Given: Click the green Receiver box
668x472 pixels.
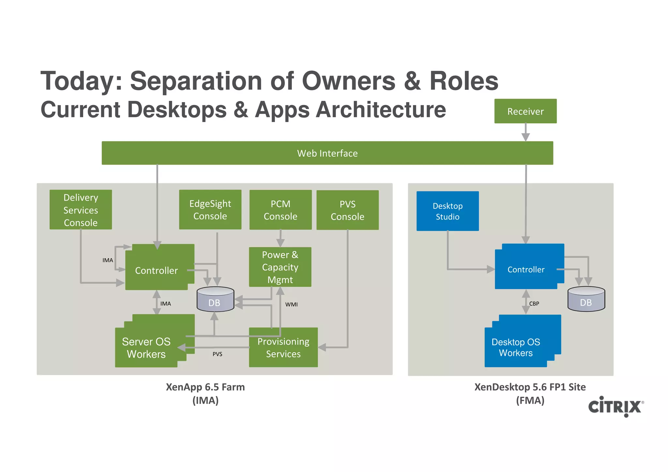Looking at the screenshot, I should point(525,111).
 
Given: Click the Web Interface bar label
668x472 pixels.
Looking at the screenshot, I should point(327,153).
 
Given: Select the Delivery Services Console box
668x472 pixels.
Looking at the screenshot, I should point(81,210).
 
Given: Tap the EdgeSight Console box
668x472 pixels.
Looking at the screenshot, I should point(210,210).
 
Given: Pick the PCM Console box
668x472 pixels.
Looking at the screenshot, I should point(280,210).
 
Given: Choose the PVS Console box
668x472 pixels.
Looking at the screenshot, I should point(347,210).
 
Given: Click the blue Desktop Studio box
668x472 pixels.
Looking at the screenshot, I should point(448,211).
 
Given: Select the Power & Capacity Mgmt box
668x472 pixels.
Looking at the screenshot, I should point(280,267).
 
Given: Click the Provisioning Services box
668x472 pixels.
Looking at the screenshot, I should point(283,347).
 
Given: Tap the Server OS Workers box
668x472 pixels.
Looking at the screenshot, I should point(146,348).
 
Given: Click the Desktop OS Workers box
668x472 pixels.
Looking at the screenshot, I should point(516,347).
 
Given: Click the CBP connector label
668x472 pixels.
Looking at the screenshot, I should point(534,304).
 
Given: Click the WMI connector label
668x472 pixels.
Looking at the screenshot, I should point(291,304).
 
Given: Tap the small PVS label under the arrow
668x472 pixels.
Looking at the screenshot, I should point(217,354).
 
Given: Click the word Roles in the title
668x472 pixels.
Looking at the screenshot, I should point(463,81).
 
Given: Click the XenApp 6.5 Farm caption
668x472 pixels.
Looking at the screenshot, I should point(205,387).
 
